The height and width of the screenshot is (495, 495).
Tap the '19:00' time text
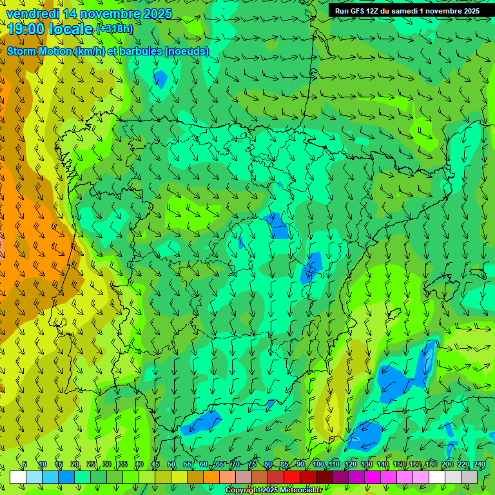[x=25, y=29]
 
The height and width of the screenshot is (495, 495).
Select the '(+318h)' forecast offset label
[x=115, y=29]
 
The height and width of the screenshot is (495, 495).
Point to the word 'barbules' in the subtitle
[x=140, y=52]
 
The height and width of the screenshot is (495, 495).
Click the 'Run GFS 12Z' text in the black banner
[x=356, y=11]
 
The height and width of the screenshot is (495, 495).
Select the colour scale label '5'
[x=24, y=465]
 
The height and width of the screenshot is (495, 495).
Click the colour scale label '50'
[x=171, y=465]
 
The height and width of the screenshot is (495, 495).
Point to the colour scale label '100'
[x=318, y=465]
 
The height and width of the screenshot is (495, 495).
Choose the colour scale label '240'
[x=480, y=465]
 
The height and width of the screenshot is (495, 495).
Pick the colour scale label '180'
[x=431, y=465]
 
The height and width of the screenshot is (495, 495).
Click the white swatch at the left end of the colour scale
[x=18, y=477]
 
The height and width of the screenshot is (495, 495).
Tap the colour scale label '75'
[x=251, y=465]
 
